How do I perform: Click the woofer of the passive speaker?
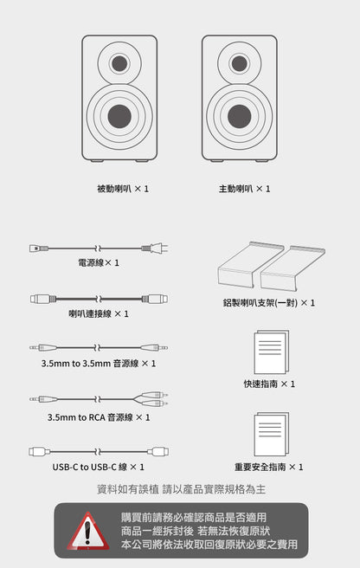(119, 116)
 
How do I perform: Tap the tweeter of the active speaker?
(240, 63)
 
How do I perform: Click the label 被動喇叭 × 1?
(123, 188)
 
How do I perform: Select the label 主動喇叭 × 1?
(244, 188)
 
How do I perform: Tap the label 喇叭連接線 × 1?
(98, 313)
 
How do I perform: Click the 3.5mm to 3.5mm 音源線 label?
(98, 364)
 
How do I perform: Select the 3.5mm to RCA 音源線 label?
(98, 417)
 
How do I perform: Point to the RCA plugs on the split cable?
(155, 399)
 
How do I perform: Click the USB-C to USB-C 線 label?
(98, 467)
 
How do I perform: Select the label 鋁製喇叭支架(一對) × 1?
(268, 303)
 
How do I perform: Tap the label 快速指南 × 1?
(269, 384)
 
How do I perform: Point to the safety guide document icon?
(270, 435)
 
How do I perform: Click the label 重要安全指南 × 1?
(269, 467)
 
